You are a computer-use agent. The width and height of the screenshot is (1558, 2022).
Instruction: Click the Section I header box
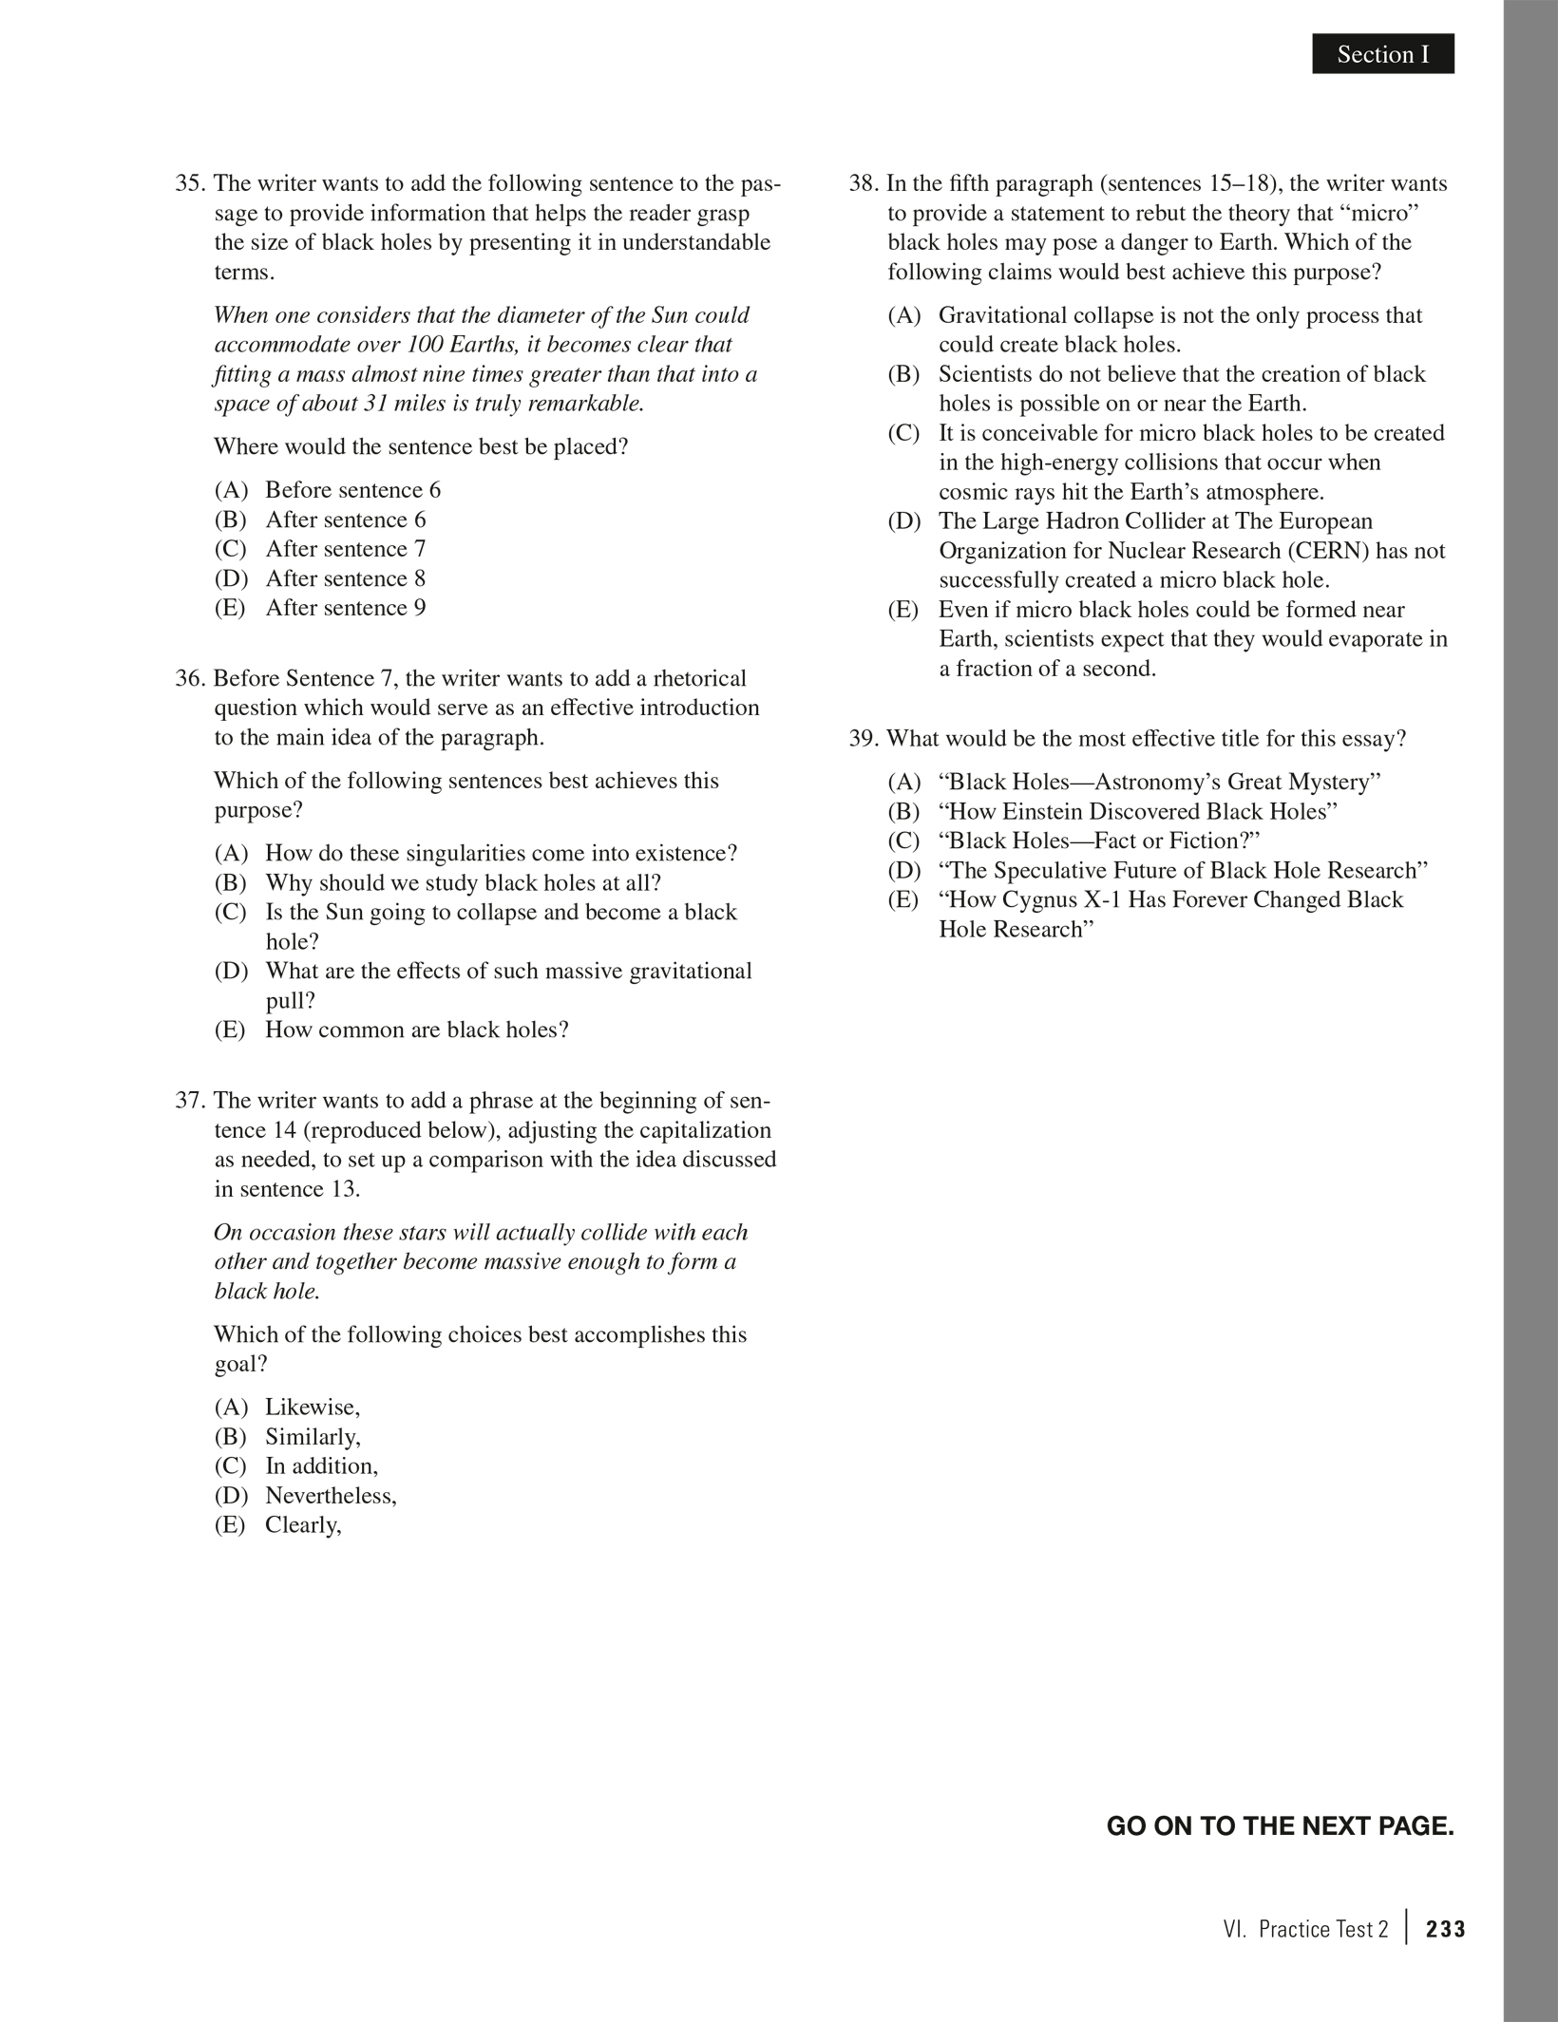1382,54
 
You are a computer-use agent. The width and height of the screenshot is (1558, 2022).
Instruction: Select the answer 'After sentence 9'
345,608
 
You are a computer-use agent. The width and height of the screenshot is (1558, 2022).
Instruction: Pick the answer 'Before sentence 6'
352,490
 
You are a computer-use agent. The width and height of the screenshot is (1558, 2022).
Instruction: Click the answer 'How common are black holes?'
416,1030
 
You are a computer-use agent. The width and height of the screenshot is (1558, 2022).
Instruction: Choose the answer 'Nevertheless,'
331,1496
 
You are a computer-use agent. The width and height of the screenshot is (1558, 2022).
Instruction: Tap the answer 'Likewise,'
313,1408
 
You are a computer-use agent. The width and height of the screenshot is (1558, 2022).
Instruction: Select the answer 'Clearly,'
303,1525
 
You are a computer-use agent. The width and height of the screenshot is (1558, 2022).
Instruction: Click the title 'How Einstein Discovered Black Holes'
1137,812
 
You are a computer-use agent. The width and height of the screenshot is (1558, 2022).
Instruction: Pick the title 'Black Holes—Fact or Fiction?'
1098,841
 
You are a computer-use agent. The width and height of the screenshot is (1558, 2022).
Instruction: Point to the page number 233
1446,1930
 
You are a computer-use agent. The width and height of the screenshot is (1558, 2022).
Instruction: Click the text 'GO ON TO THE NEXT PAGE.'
1280,1826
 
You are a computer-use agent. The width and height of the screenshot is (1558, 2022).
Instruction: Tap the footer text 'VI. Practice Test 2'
1306,1930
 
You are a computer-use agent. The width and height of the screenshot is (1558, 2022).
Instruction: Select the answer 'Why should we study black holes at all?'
463,883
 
